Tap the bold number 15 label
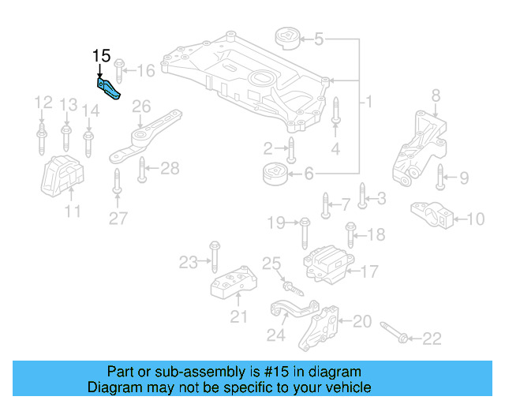click(x=102, y=56)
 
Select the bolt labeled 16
click(x=120, y=71)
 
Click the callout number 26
click(x=141, y=107)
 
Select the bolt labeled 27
click(x=117, y=181)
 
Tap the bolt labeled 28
click(x=142, y=168)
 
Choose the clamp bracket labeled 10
click(x=429, y=215)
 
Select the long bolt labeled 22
click(x=395, y=332)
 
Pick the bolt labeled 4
click(x=335, y=111)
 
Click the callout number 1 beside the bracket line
click(x=368, y=103)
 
